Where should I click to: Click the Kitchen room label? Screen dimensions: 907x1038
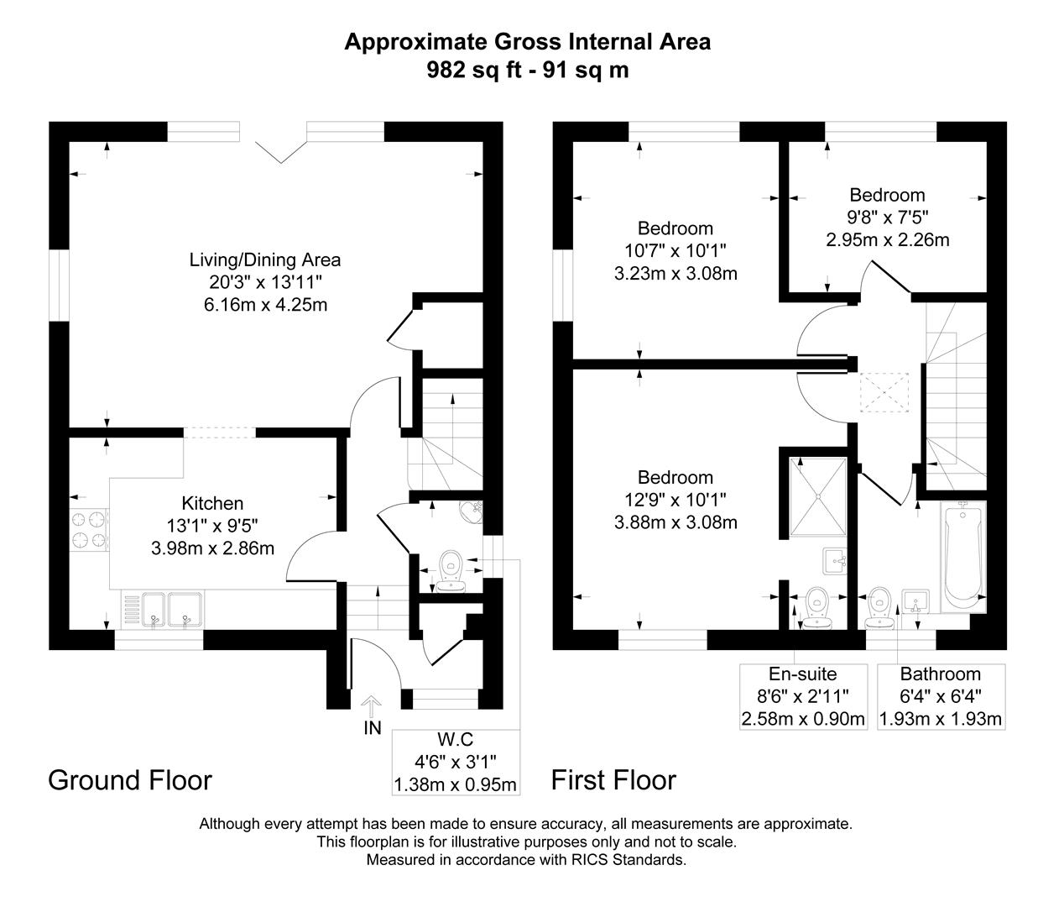(212, 503)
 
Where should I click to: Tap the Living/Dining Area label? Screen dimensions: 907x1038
(264, 260)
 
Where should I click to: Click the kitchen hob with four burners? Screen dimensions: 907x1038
(89, 530)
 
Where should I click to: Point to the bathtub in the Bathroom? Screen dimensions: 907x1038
(963, 555)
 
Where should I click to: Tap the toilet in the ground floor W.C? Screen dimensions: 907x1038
(452, 568)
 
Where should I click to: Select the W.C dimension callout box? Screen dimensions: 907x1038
(456, 762)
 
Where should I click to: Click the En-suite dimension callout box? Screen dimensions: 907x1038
(802, 696)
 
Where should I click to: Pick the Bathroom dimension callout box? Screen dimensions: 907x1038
(940, 696)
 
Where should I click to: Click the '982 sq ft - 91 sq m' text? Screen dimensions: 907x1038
(527, 70)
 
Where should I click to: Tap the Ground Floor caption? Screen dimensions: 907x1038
(130, 780)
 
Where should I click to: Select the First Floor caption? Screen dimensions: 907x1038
(613, 780)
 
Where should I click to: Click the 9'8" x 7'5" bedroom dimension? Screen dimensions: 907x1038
(887, 218)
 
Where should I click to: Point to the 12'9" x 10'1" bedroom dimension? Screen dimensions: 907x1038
(675, 500)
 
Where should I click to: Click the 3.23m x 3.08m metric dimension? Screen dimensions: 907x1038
(675, 273)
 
